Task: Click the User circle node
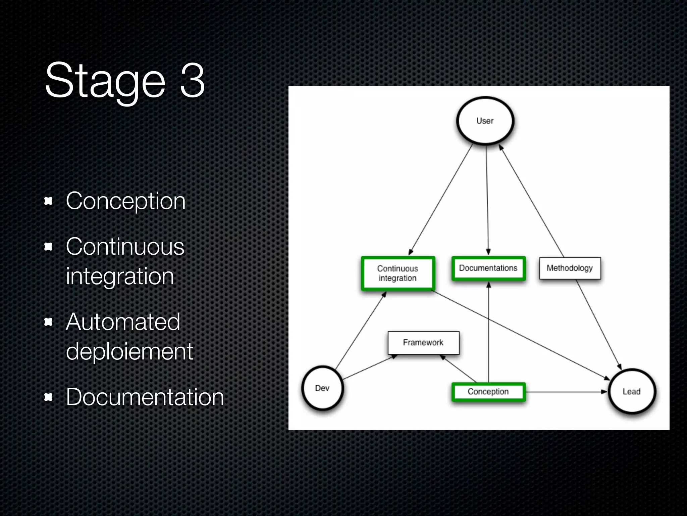click(x=485, y=121)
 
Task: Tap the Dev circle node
click(x=322, y=388)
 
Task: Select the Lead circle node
click(x=632, y=391)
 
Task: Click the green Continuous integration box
click(x=398, y=273)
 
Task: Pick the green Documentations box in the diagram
click(x=488, y=268)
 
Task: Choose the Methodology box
click(x=570, y=268)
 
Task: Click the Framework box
click(x=423, y=343)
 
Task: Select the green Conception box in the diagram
click(x=488, y=392)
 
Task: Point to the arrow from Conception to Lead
click(x=567, y=392)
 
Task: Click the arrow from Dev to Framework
click(x=369, y=368)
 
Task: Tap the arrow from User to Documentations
click(x=487, y=202)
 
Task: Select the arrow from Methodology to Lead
click(x=599, y=324)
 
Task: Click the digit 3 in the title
click(x=192, y=81)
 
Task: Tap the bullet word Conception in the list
click(x=125, y=201)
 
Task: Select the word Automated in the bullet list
click(x=123, y=322)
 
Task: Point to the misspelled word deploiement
click(x=129, y=351)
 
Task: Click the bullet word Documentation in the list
click(x=145, y=397)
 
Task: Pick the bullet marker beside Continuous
click(x=49, y=247)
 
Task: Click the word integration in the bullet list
click(x=120, y=276)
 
